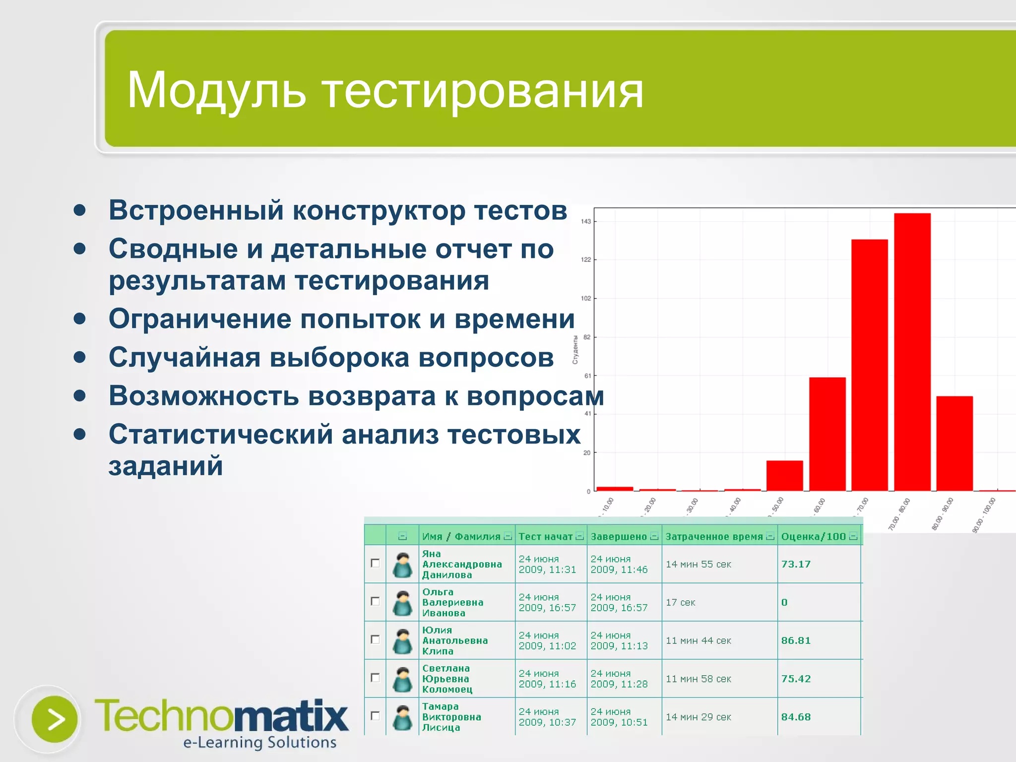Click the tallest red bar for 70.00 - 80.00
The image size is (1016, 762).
click(912, 352)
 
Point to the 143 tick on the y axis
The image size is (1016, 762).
click(586, 221)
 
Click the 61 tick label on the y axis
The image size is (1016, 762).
click(587, 376)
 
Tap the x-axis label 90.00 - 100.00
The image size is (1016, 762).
click(984, 515)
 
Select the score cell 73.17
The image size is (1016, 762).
click(796, 564)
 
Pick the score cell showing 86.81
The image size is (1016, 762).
click(796, 640)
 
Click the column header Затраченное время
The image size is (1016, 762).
click(714, 536)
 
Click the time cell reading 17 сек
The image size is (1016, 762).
click(680, 602)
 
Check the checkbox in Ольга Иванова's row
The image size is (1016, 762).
click(375, 601)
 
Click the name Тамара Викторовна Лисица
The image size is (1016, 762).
click(451, 717)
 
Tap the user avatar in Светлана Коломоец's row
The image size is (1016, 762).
click(402, 679)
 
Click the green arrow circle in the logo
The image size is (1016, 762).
click(55, 719)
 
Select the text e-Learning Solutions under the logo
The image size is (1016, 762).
click(260, 742)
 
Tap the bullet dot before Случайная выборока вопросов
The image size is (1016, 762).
click(79, 357)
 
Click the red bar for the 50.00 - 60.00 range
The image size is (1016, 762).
click(827, 434)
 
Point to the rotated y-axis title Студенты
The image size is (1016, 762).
click(575, 350)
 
